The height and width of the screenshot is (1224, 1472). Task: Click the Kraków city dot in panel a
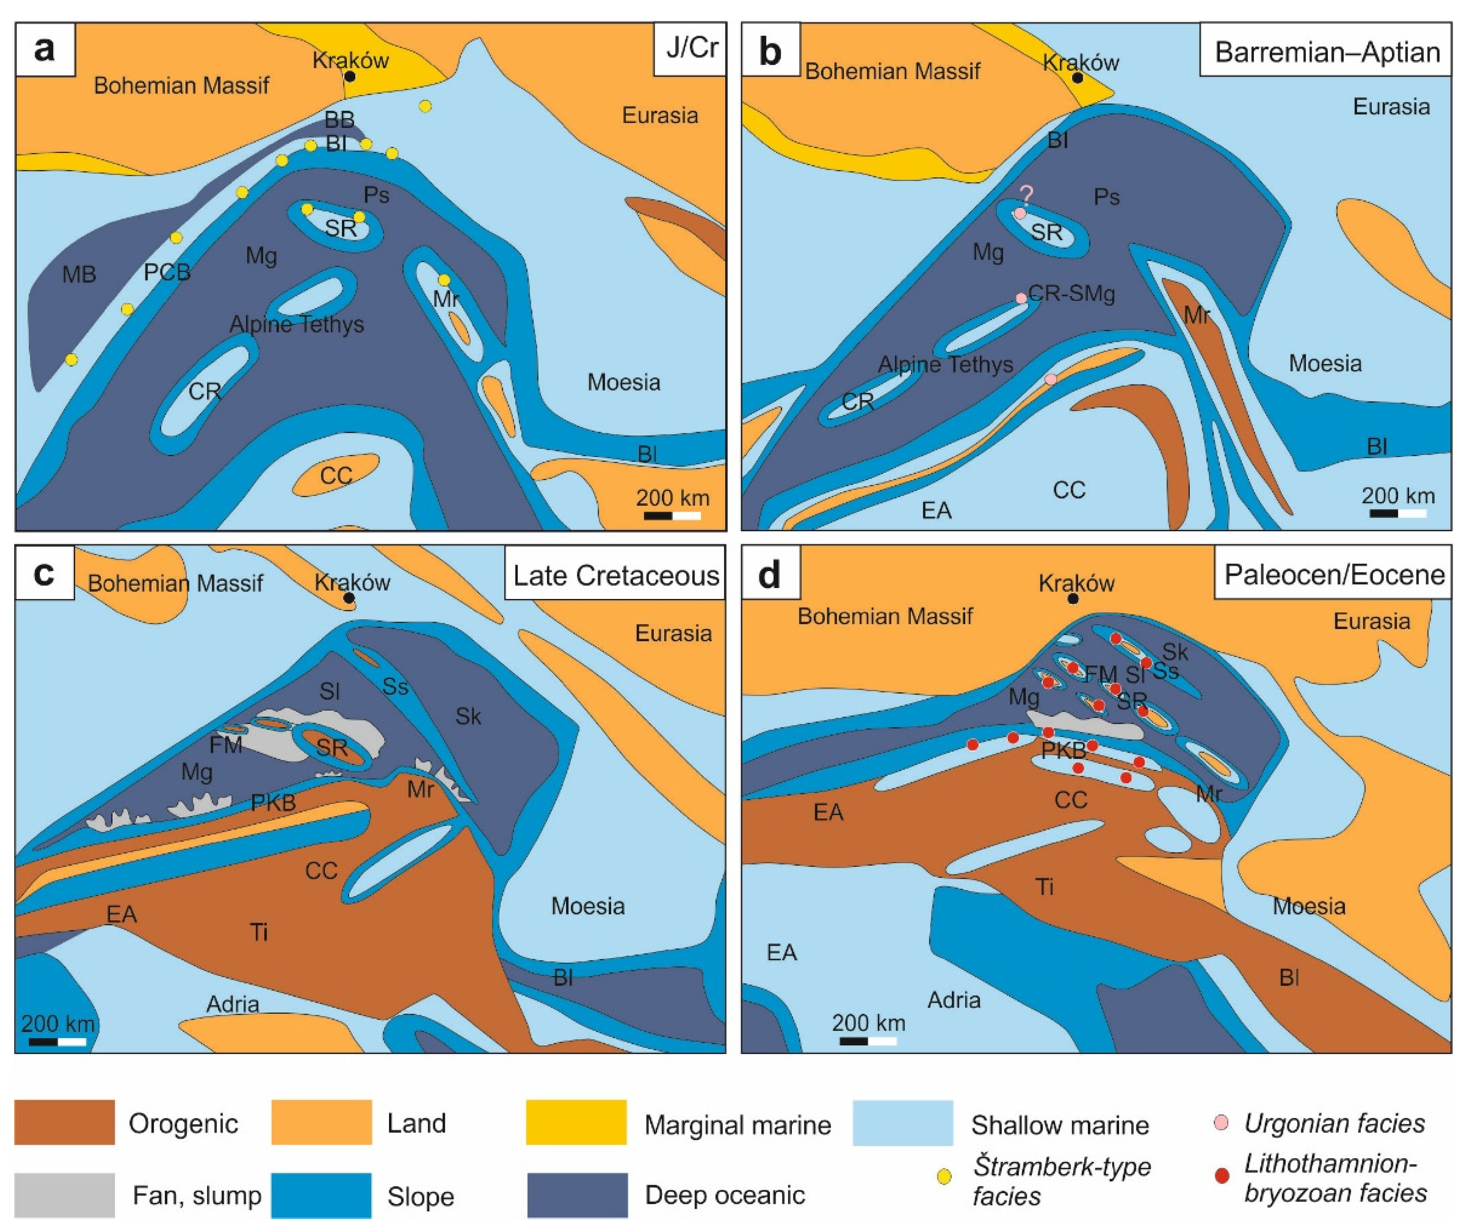pyautogui.click(x=349, y=75)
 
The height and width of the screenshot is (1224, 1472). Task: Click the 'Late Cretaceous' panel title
pyautogui.click(x=616, y=575)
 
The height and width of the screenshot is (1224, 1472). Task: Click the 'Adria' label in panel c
pyautogui.click(x=233, y=1004)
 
